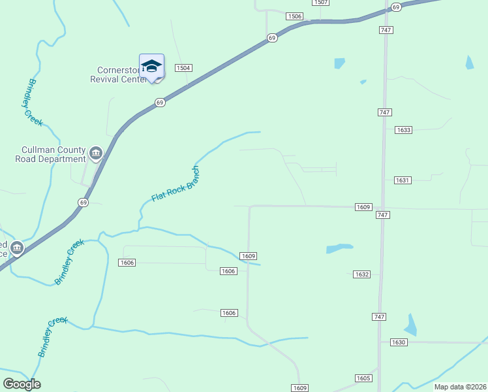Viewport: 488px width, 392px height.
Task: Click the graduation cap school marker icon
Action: click(151, 66)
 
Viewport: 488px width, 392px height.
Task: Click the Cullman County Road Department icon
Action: click(96, 154)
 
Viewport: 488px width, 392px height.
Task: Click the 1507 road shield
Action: click(320, 3)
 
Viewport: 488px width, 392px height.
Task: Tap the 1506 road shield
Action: click(295, 16)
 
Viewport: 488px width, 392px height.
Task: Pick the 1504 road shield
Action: click(183, 68)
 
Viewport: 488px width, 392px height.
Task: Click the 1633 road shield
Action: click(403, 130)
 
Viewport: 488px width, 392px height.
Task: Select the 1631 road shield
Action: click(403, 180)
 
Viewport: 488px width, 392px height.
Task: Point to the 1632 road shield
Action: click(362, 274)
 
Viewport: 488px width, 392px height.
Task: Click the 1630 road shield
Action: click(399, 342)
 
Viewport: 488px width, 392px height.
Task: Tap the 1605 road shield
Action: click(363, 378)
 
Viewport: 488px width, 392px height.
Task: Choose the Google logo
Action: click(22, 384)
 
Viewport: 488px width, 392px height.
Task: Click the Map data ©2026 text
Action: click(460, 387)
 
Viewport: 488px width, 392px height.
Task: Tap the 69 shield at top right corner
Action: click(396, 7)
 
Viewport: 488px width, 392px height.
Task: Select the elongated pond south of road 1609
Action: click(339, 248)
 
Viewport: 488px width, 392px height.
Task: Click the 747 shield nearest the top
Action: click(384, 30)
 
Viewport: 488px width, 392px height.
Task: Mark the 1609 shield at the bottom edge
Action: click(299, 388)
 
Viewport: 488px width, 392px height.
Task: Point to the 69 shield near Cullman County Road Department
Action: click(83, 203)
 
